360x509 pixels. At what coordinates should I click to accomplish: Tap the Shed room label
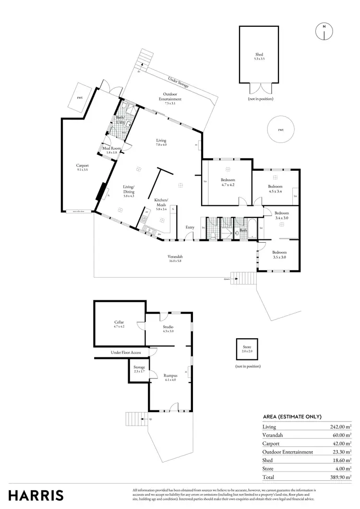(x=259, y=56)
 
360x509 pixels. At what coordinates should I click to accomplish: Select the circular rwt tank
(x=280, y=130)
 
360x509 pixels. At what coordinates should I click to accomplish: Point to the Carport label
(x=83, y=167)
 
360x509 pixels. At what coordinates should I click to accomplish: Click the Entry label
(x=190, y=227)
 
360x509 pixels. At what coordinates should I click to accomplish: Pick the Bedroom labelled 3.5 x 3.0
(x=279, y=254)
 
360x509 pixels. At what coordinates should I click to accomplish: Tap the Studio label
(x=168, y=329)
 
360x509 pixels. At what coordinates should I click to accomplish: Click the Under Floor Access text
(x=126, y=353)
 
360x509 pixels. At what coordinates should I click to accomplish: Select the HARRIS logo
(x=36, y=495)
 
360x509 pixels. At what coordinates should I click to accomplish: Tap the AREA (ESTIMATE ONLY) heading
(x=292, y=416)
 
